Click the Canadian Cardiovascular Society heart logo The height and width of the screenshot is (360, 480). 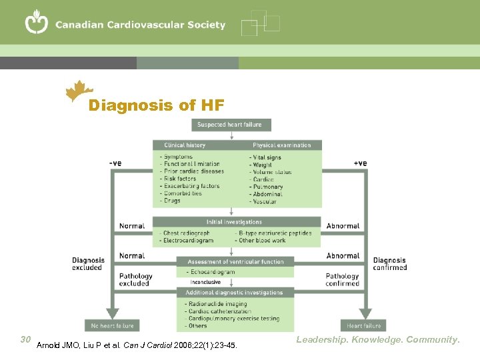[37, 23]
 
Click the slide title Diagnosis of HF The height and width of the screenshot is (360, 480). [157, 105]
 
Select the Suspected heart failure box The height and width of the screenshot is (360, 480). [231, 125]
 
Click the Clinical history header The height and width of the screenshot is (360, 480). [185, 145]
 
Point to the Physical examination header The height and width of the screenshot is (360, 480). [281, 145]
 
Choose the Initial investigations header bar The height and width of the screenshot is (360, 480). [234, 222]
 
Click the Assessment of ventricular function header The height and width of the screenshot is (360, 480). [235, 262]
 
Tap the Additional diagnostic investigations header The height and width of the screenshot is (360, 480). [235, 293]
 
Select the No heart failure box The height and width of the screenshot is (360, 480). [112, 326]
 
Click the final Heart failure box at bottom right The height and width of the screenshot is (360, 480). [364, 326]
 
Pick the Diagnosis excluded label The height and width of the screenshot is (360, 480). [88, 264]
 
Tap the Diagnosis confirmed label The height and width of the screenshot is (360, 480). [390, 264]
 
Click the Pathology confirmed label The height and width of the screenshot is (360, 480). [343, 279]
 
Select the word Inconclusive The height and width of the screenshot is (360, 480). [205, 282]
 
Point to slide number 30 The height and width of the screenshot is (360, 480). [26, 339]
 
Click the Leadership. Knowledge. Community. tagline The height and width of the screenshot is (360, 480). [378, 340]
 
